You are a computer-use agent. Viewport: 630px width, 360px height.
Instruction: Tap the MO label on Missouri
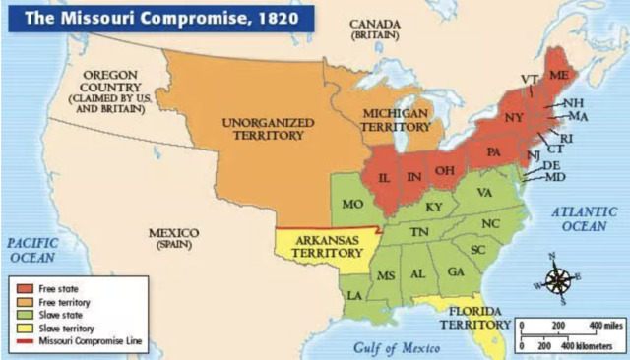click(x=352, y=206)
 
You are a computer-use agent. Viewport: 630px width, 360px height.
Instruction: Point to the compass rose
click(x=558, y=280)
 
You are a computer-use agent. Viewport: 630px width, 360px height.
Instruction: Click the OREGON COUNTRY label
click(x=109, y=91)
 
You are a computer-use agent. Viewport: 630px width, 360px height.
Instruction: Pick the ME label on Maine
click(x=559, y=76)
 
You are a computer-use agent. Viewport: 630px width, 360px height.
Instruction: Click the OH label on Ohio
click(x=445, y=170)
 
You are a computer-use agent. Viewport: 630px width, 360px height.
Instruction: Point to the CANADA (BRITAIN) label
click(x=373, y=29)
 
